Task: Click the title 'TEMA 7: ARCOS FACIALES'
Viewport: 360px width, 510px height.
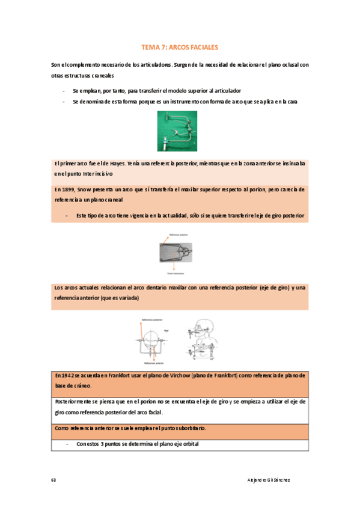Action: coord(180,46)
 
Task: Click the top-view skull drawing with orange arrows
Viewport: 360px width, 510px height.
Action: coord(154,340)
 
